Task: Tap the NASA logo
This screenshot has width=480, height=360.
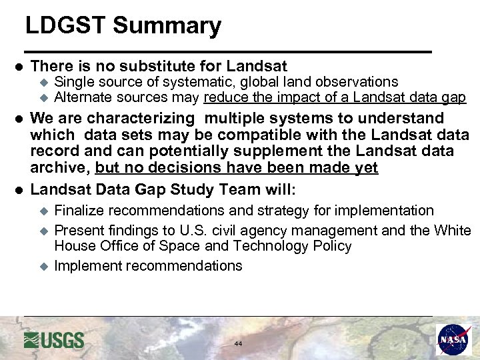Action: [453, 339]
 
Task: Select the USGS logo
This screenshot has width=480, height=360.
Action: [54, 340]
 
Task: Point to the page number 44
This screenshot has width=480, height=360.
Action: [238, 343]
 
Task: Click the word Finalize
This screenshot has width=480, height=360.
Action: [79, 211]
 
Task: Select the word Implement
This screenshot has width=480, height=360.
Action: [85, 266]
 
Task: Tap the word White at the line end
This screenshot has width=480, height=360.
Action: [452, 230]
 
